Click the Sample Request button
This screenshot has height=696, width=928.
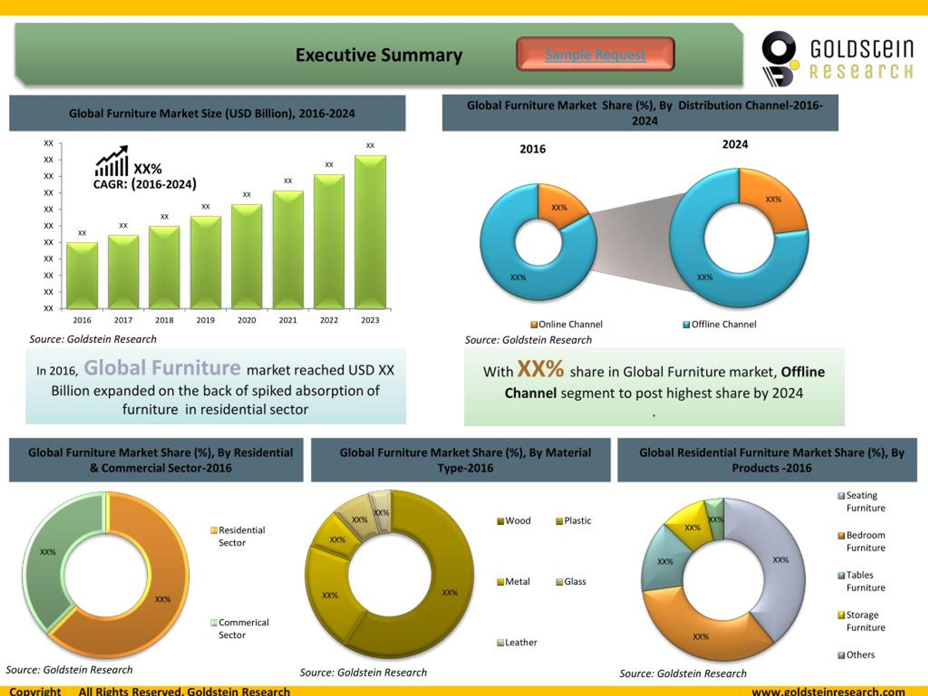[595, 54]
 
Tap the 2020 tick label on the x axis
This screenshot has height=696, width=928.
[247, 320]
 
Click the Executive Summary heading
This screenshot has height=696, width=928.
[379, 55]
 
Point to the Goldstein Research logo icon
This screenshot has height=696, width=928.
[779, 58]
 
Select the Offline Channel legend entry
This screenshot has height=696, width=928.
[720, 324]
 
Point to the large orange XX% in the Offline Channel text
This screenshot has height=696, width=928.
[540, 369]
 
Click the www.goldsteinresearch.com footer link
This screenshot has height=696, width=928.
[828, 691]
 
